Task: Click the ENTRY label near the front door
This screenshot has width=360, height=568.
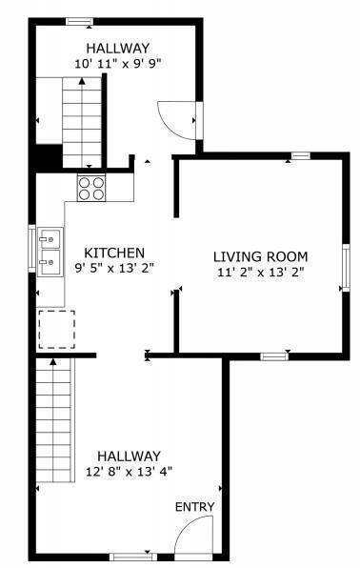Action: coord(194,506)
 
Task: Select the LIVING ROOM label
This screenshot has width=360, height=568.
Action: coord(260,255)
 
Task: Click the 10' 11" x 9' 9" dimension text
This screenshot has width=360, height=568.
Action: coord(118,64)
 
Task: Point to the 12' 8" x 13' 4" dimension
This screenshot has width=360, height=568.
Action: coord(128,471)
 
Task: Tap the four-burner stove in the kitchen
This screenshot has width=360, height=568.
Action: coord(91,187)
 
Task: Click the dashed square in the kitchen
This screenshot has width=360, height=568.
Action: coord(55,330)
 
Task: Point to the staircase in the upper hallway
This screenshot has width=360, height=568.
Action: coord(81,122)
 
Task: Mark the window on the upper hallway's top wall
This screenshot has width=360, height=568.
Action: coord(80,21)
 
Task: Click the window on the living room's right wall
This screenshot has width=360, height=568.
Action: coord(347,270)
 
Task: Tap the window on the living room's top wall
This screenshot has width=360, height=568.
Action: coord(300,155)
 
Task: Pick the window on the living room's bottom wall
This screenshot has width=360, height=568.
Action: coord(274,356)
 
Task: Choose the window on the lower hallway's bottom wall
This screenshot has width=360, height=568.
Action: coord(133,556)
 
